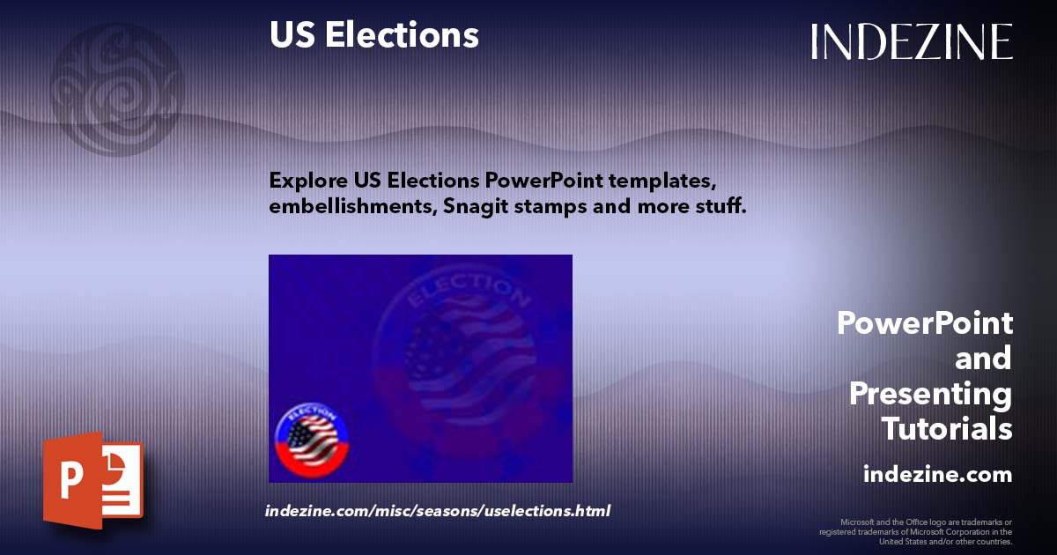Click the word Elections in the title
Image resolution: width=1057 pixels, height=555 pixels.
pos(402,35)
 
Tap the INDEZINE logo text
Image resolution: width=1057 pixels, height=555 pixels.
pos(912,41)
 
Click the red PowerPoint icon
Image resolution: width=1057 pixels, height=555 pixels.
pos(92,481)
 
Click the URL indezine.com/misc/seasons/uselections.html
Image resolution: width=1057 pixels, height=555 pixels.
pos(438,511)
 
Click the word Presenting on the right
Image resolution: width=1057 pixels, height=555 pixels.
pos(930,394)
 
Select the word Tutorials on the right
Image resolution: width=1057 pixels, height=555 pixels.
pos(947,429)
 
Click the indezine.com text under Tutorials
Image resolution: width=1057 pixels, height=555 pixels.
pos(937,475)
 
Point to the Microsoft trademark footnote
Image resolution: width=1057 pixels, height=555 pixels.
pos(916,531)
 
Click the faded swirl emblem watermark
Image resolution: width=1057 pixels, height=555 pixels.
pos(115,88)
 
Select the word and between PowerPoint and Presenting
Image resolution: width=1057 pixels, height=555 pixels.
pos(983,359)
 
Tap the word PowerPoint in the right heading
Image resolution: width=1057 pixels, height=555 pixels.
pos(925,323)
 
